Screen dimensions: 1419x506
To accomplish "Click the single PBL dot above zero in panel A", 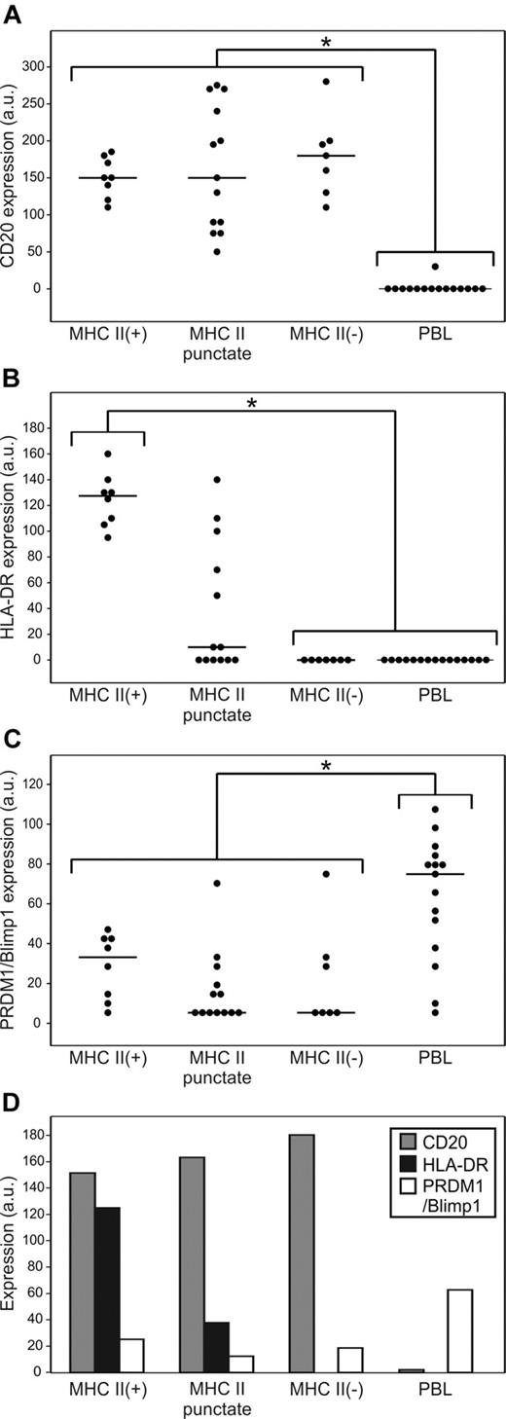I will (435, 267).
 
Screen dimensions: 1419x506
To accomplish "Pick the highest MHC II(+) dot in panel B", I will (108, 454).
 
